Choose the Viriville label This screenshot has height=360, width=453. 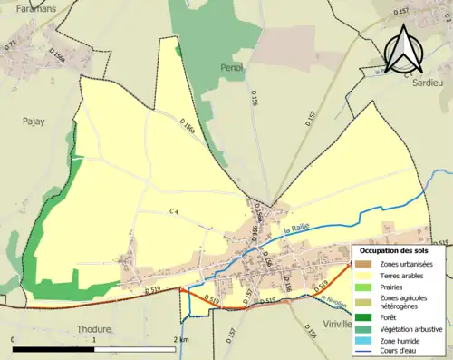click(x=342, y=323)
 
